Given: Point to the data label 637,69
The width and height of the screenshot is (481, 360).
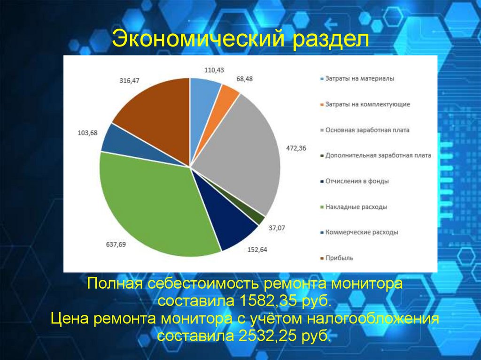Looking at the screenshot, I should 116,244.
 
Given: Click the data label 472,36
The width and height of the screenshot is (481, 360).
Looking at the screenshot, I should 296,148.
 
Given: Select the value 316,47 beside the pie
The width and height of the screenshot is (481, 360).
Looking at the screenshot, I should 129,81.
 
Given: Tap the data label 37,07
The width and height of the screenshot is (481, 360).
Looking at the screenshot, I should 277,228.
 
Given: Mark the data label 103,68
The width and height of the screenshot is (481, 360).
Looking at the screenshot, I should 87,133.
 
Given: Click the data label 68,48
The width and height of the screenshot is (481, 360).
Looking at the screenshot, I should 244,79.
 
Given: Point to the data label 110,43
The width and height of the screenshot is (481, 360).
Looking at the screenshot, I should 214,70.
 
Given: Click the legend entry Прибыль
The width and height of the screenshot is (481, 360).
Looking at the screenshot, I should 339,258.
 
